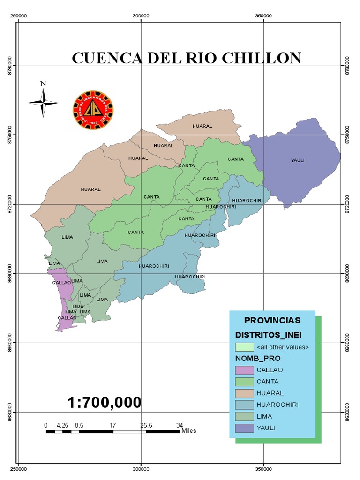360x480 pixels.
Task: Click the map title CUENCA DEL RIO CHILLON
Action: pyautogui.click(x=186, y=58)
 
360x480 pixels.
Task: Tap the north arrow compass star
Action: pyautogui.click(x=43, y=103)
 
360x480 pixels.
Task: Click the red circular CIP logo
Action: pyautogui.click(x=93, y=111)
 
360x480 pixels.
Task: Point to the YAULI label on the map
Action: pyautogui.click(x=298, y=160)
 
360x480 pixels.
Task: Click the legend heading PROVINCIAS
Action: pyautogui.click(x=272, y=321)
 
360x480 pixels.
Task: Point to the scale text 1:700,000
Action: pyautogui.click(x=104, y=402)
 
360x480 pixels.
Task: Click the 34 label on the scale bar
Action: pyautogui.click(x=180, y=425)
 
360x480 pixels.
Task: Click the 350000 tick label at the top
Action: pyautogui.click(x=264, y=15)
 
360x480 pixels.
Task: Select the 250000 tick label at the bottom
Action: pyautogui.click(x=18, y=468)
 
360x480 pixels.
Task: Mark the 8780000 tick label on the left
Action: pyautogui.click(x=10, y=66)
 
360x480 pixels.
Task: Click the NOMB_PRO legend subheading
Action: pyautogui.click(x=259, y=359)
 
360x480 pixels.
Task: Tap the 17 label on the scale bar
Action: pyautogui.click(x=113, y=425)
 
